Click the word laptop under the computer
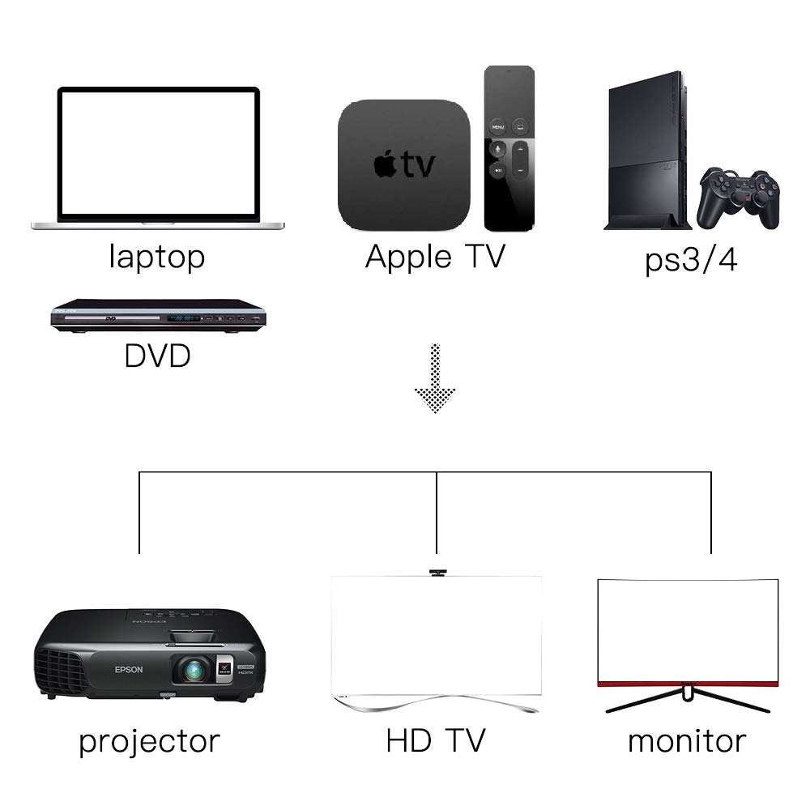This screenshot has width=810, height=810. [x=157, y=257]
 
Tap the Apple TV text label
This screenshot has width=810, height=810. [x=435, y=257]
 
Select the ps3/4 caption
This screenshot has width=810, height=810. [x=691, y=260]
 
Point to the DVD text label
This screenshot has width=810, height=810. [x=158, y=356]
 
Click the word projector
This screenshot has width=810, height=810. [x=149, y=742]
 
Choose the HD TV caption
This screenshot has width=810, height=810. [x=436, y=740]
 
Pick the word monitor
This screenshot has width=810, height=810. [x=687, y=741]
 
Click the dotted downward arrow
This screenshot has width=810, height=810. [x=435, y=378]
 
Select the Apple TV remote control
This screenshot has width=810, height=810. [x=509, y=148]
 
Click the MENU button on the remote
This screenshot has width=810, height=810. [x=497, y=126]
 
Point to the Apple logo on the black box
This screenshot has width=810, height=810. [x=385, y=164]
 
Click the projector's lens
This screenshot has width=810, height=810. [x=194, y=670]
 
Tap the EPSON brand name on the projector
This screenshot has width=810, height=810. [x=129, y=670]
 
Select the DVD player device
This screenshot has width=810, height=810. [x=158, y=316]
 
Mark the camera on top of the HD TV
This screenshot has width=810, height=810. [x=437, y=573]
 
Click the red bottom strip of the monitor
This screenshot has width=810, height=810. [x=688, y=684]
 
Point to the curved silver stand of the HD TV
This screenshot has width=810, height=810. [x=436, y=703]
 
